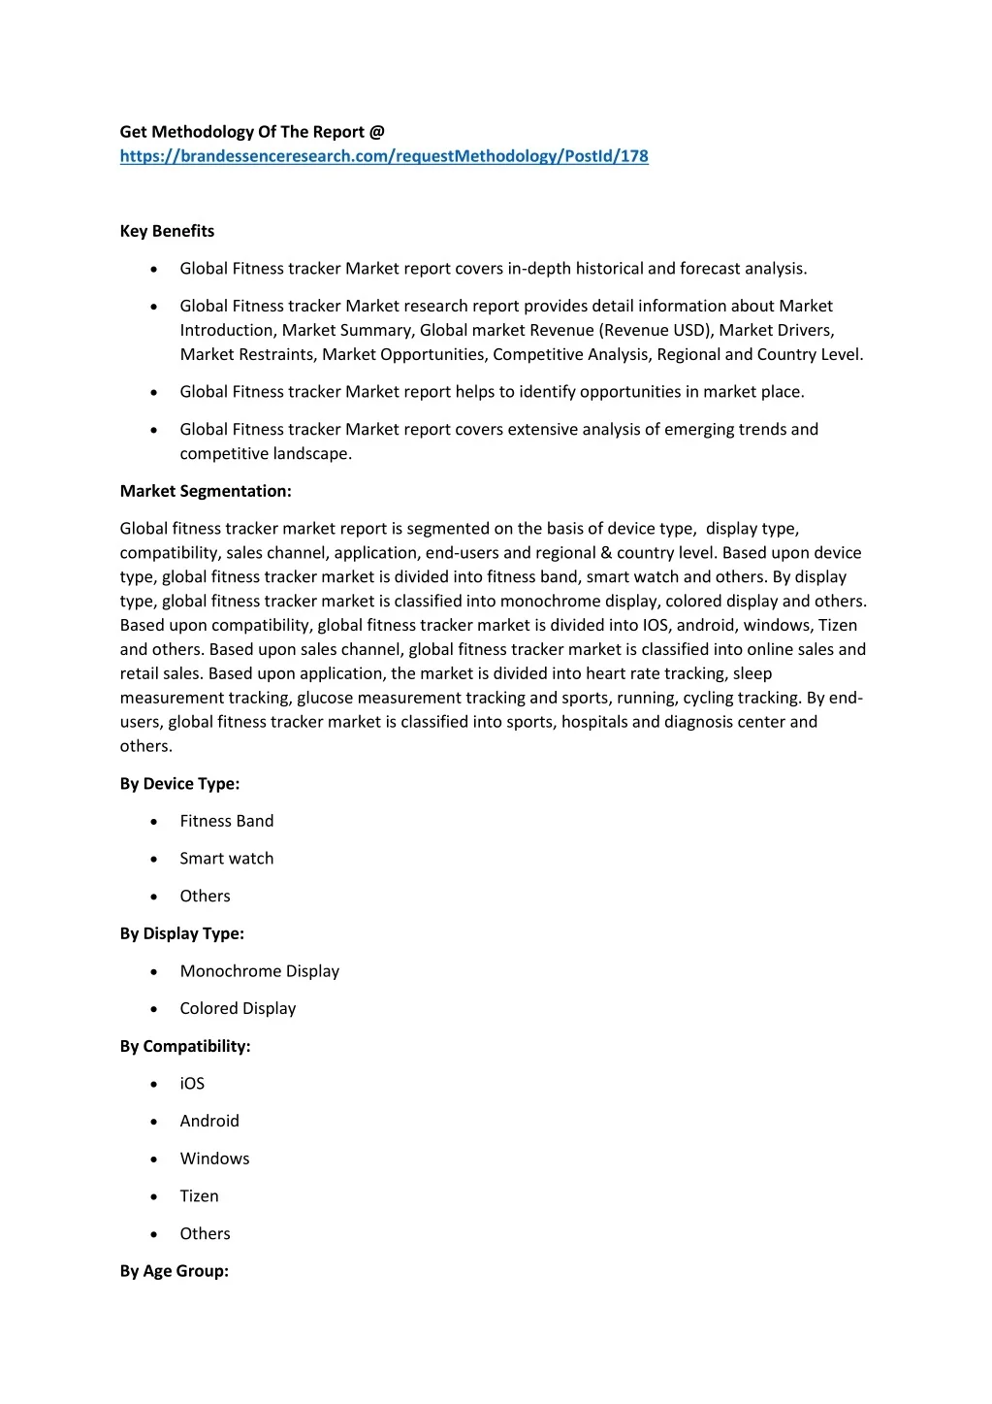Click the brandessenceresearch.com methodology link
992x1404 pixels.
(384, 156)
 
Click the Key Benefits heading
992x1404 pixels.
(167, 231)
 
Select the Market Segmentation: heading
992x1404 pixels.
(206, 491)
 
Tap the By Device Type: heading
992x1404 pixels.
(179, 784)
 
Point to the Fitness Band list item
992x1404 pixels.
(227, 821)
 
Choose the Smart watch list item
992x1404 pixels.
(227, 859)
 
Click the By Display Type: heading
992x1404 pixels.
(182, 933)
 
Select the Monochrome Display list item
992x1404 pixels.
(260, 971)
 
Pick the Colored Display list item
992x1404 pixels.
(238, 1009)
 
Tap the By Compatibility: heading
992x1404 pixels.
(185, 1046)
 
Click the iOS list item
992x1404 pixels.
(192, 1084)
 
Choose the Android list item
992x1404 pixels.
(209, 1121)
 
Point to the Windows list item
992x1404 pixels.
(214, 1159)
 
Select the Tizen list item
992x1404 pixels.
(199, 1196)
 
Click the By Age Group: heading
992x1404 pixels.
(175, 1271)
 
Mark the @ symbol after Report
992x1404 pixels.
(377, 132)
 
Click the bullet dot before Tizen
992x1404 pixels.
(155, 1197)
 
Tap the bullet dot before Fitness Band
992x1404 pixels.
(155, 822)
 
